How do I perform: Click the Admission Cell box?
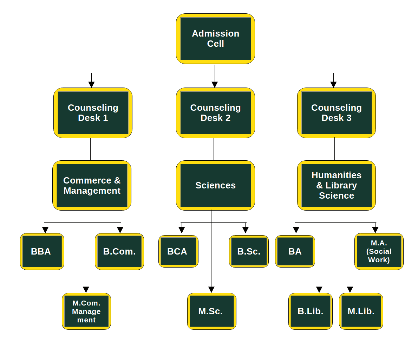coord(215,39)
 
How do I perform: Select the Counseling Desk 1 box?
coord(93,113)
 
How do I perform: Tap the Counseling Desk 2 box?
coord(215,113)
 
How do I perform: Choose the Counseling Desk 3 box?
coord(337,113)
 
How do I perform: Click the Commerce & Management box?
coord(92,186)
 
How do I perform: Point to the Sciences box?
coord(215,186)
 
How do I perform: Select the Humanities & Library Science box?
coord(337,186)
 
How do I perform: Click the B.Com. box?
coord(119,252)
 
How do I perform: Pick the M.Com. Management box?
coord(86,311)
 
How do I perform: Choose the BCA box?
coord(178,252)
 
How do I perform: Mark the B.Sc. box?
coord(249,252)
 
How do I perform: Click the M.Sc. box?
coord(212,311)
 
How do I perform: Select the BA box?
coord(295,252)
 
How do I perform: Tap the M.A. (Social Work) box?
coord(379,252)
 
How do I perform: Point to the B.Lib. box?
coord(311,311)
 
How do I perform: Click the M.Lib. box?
coord(361,311)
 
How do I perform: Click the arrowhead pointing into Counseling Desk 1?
coord(91,84)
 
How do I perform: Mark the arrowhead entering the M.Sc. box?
coord(211,290)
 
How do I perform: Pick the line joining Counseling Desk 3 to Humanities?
coord(334,149)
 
